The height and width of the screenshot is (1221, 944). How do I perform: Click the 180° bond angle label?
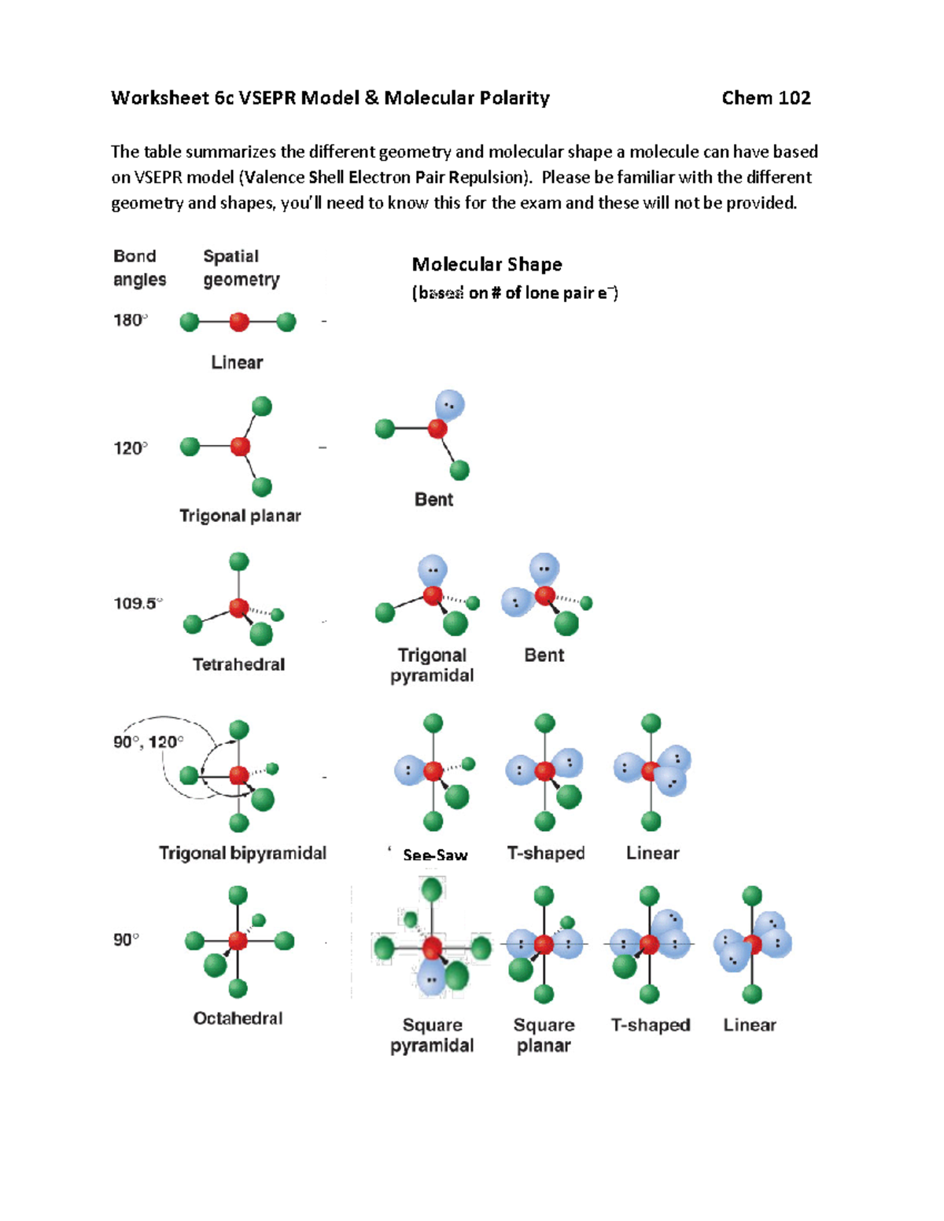click(130, 320)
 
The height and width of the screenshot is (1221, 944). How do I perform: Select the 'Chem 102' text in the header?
click(765, 98)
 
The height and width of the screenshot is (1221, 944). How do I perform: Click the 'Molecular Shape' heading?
click(487, 265)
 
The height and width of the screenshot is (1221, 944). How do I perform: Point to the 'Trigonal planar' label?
click(240, 516)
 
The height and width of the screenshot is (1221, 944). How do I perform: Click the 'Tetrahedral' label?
click(238, 664)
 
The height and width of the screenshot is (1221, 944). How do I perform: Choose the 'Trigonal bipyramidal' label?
click(242, 853)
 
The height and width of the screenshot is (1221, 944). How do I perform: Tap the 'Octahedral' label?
click(238, 1018)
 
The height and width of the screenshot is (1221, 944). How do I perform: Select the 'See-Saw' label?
click(435, 855)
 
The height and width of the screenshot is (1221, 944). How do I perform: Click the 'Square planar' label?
click(544, 1035)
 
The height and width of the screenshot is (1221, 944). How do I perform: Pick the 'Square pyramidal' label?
click(432, 1035)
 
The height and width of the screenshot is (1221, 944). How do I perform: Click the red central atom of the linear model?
click(239, 322)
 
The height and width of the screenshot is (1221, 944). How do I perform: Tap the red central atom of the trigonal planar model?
click(240, 447)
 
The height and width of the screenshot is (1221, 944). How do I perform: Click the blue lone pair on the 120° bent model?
click(450, 406)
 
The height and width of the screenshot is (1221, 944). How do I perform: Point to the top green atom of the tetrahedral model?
click(239, 561)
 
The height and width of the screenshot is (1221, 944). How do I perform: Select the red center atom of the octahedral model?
click(238, 940)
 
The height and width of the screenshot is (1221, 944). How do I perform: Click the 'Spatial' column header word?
click(230, 256)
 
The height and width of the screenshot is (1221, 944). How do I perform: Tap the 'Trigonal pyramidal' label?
click(432, 665)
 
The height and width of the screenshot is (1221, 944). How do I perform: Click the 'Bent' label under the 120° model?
click(433, 500)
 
